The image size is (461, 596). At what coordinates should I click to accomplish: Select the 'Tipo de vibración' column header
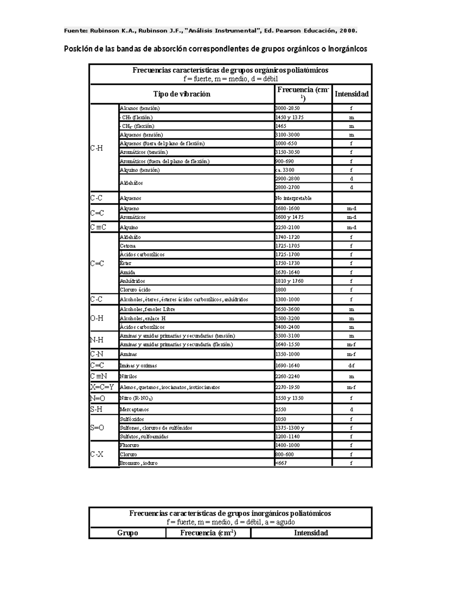tap(182, 94)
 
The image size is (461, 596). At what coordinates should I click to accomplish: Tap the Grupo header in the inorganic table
tap(128, 533)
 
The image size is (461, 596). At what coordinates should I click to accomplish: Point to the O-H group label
tap(97, 318)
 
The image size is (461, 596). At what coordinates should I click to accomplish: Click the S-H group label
tap(96, 409)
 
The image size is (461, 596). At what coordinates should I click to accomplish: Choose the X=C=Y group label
tap(102, 387)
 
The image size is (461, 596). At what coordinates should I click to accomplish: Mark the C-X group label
tap(97, 454)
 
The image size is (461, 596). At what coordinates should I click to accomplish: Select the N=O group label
tap(98, 398)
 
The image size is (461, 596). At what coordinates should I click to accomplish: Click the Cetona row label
tap(128, 246)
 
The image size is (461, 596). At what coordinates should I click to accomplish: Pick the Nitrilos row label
tap(128, 376)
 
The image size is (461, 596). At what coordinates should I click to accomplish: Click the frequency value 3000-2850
tap(287, 109)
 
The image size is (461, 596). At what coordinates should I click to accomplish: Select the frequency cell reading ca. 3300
tap(285, 170)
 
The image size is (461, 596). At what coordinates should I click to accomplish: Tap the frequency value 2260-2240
tap(287, 376)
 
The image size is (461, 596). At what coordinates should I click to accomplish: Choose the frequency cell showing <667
tap(281, 463)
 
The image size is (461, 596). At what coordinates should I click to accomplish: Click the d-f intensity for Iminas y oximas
tap(351, 366)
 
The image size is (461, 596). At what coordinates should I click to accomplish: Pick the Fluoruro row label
tap(129, 446)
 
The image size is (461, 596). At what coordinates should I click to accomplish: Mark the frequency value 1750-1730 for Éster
tap(287, 263)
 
